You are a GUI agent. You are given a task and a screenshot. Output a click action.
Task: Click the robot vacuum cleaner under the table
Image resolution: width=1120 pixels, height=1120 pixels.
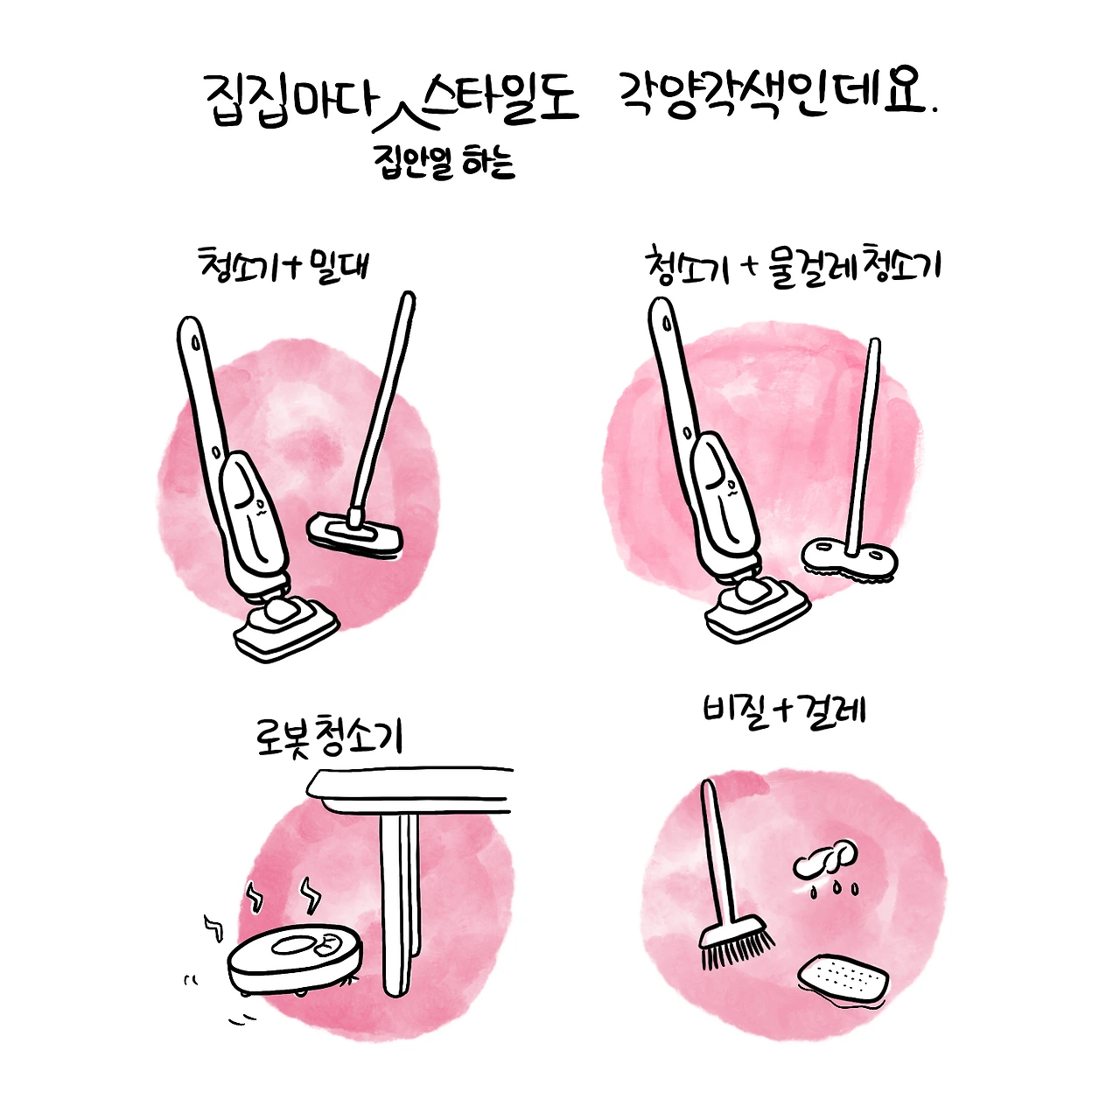coord(295,960)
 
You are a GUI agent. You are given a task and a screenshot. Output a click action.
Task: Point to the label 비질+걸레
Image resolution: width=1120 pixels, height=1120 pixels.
coord(784,712)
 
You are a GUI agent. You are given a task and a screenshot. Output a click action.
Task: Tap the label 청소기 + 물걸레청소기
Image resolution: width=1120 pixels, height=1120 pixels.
coord(793,266)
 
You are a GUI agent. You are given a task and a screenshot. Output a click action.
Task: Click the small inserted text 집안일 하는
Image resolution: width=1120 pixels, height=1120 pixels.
coord(445,162)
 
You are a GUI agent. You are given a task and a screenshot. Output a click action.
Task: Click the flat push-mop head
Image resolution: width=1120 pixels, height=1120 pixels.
coord(354,534)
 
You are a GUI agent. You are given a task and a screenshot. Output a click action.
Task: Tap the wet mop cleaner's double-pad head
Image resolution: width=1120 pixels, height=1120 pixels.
coord(849,559)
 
